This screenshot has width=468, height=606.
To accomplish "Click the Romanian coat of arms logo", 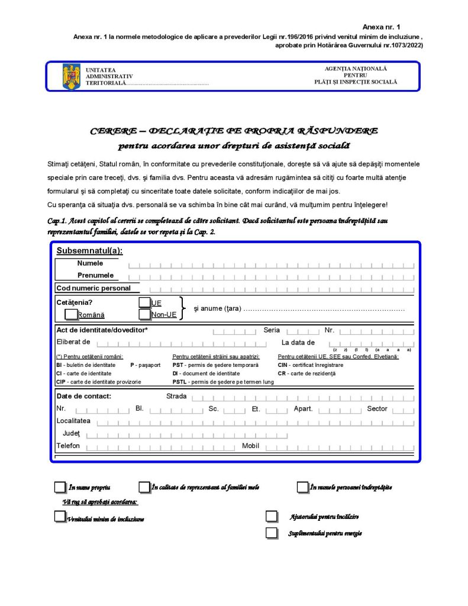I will tap(71, 78).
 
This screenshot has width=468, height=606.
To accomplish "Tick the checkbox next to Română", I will tap(71, 314).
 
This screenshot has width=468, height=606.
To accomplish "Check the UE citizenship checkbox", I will tap(144, 302).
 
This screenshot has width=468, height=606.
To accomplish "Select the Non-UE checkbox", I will tap(144, 314).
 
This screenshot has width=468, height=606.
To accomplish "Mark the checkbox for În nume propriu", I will tap(60, 487).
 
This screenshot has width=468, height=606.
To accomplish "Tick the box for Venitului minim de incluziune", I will tap(60, 517).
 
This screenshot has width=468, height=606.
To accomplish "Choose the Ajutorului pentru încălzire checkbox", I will tap(272, 517).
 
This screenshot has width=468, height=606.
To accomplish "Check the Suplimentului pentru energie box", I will tap(272, 533).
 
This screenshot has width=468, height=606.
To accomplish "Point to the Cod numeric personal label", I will tap(93, 288).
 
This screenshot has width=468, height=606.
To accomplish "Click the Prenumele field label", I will tap(95, 275).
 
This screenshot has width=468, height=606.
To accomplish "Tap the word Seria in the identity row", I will tap(272, 330).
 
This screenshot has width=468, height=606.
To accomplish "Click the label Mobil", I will tap(250, 446).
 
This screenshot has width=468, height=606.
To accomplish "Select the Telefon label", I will tap(68, 446).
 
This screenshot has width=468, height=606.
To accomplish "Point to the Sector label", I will tap(377, 409).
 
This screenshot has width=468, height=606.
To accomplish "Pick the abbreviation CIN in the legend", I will tap(283, 365).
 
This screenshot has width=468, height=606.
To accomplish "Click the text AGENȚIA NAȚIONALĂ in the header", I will tap(356, 69).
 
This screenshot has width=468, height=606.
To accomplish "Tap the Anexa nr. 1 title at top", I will tap(381, 27).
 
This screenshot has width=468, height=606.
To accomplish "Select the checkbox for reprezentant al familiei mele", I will tap(144, 487).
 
